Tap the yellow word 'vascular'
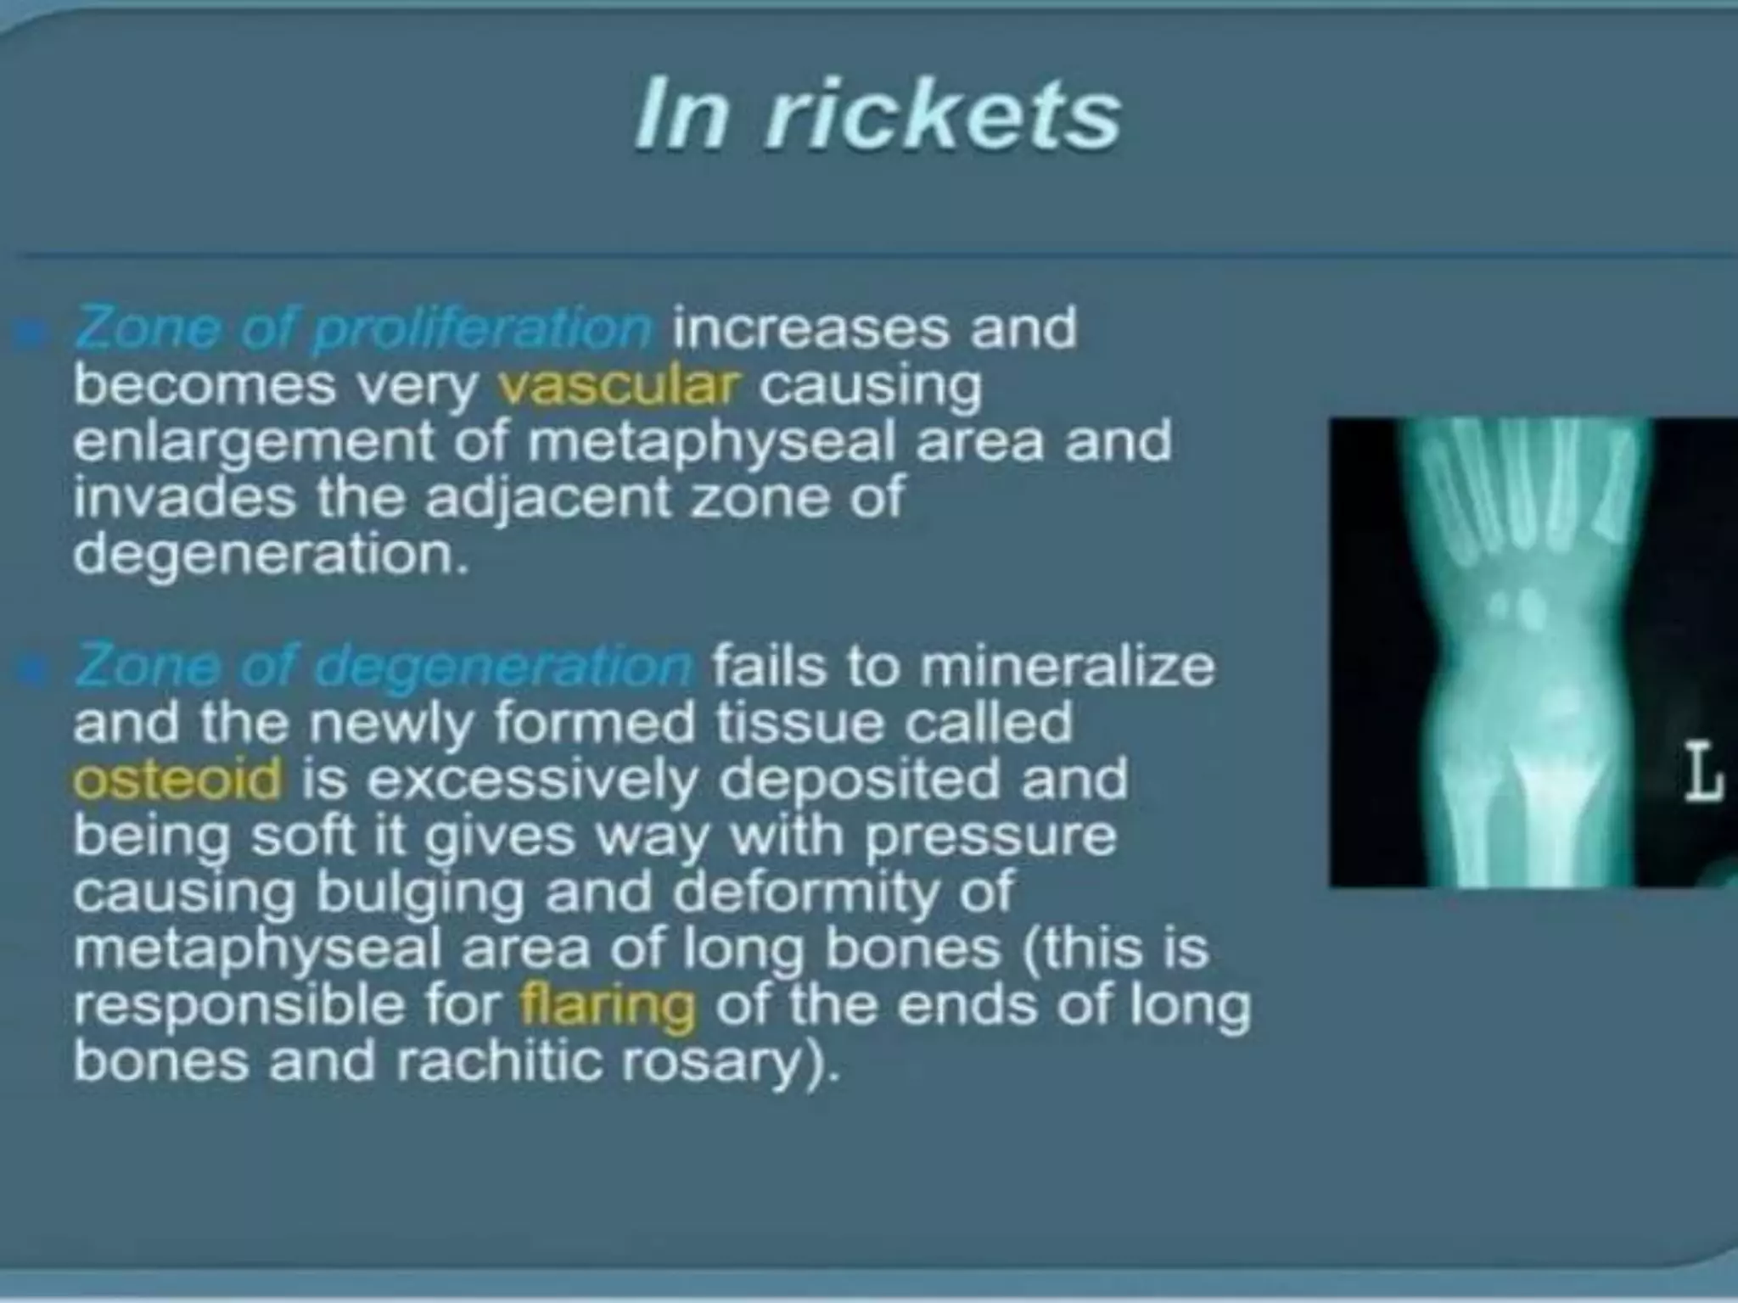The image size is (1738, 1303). (620, 385)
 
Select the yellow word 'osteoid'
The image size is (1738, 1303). (177, 780)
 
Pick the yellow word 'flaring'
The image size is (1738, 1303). (608, 1005)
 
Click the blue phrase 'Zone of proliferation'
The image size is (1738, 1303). (363, 329)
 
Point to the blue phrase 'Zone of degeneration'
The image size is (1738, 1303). (384, 666)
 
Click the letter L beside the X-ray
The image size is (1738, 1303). (1702, 773)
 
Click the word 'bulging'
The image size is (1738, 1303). (419, 893)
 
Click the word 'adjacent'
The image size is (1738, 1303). (547, 498)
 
